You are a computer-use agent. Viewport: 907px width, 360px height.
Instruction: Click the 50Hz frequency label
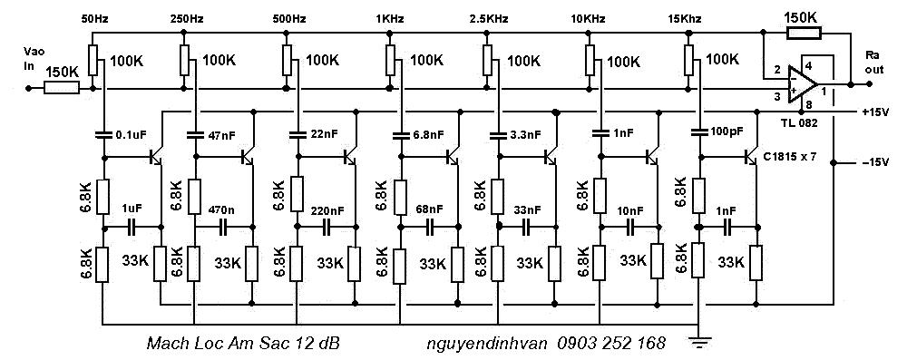[93, 19]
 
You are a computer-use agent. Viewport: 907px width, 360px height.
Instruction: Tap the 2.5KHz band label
[490, 19]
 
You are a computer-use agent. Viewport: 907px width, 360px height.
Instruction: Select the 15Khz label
[684, 19]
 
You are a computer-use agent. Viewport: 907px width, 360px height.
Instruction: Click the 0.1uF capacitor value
[131, 135]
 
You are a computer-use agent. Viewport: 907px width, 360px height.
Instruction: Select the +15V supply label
[874, 112]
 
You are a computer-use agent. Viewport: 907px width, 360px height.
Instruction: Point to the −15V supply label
[874, 162]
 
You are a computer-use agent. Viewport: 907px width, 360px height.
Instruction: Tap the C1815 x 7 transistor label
[791, 155]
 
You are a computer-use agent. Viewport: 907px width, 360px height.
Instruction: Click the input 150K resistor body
[62, 89]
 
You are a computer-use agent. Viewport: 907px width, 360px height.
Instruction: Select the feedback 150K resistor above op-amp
[804, 33]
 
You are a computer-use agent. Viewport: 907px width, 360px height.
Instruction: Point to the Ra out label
[874, 63]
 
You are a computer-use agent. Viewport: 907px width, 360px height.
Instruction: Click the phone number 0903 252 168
[611, 343]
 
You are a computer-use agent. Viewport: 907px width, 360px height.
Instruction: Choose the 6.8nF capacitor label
[428, 135]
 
